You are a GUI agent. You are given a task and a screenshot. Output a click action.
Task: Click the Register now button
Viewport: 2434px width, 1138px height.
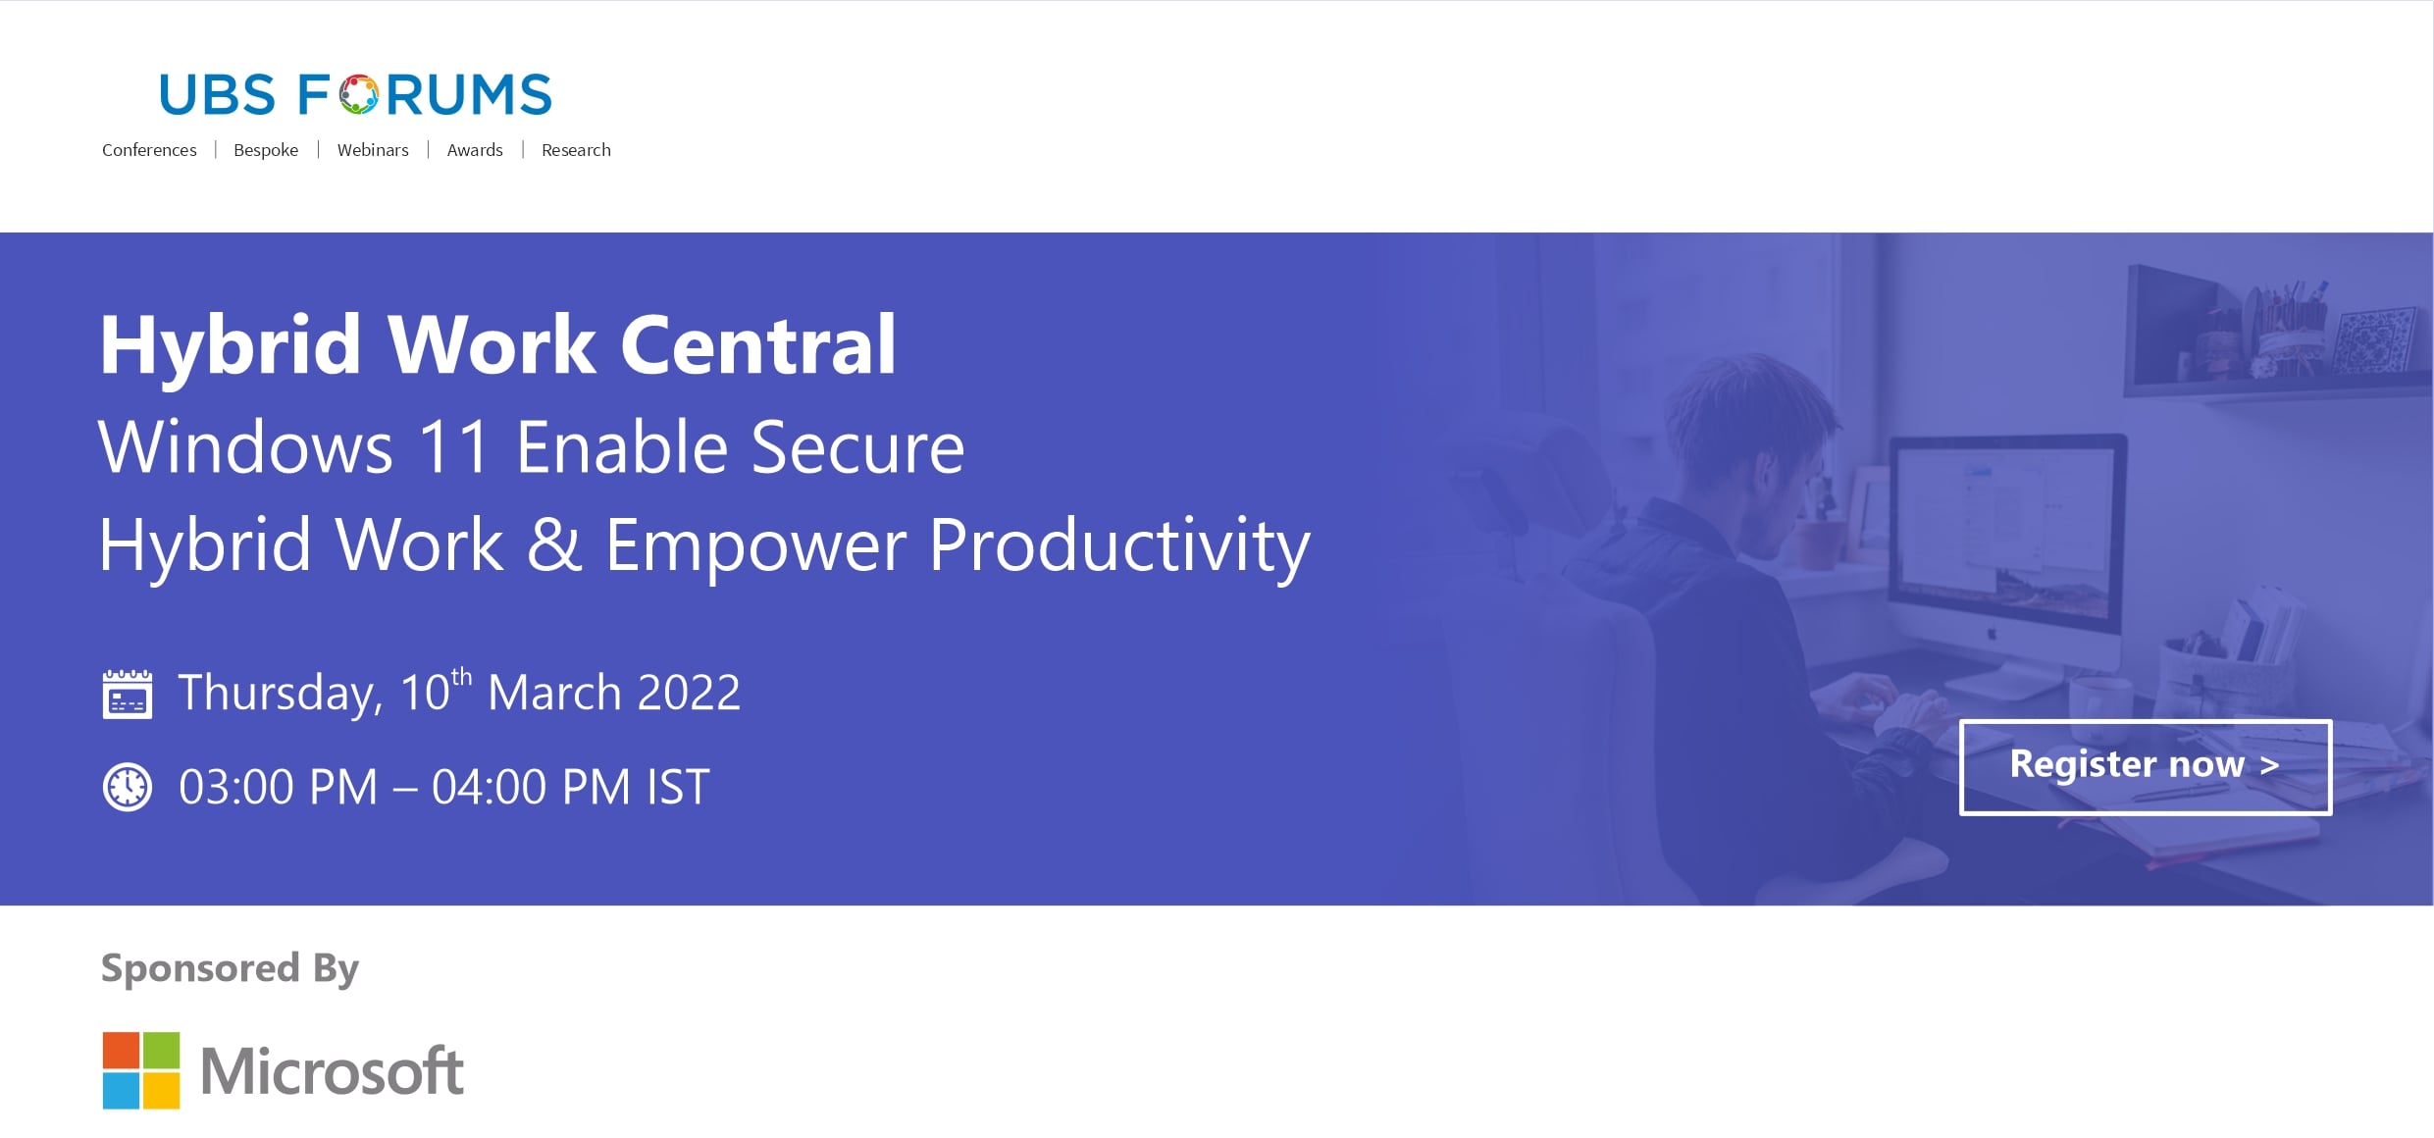(2146, 767)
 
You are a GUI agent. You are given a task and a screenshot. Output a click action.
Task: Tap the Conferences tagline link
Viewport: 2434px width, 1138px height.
(149, 150)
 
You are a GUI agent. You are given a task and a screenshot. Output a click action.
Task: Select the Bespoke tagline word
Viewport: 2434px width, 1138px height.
(266, 150)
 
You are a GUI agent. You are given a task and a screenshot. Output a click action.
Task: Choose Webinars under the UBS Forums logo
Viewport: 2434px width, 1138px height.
(373, 150)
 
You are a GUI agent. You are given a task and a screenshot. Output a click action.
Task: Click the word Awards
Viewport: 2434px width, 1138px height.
(475, 150)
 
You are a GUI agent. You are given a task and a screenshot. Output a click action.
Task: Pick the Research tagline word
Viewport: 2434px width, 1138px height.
(576, 150)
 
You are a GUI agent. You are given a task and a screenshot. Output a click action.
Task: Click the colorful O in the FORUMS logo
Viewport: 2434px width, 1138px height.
(359, 94)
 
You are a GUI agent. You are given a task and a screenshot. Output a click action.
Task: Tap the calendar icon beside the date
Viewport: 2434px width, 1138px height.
(128, 695)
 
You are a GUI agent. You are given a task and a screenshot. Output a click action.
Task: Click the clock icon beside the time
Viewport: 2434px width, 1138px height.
(128, 787)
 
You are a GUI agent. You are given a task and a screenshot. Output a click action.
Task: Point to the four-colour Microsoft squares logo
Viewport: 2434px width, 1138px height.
(141, 1070)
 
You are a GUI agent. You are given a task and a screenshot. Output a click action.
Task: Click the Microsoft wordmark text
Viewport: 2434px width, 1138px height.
(332, 1070)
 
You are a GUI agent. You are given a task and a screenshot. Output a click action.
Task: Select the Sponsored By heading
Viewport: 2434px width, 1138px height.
(231, 968)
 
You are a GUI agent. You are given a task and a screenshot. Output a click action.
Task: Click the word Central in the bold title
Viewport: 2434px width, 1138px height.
(758, 344)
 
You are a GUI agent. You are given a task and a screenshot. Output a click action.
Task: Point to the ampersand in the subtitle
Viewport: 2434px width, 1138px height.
(554, 544)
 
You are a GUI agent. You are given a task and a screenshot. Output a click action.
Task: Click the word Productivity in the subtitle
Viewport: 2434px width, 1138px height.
(1119, 547)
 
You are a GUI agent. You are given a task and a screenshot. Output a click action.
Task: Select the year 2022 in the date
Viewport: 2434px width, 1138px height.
(689, 693)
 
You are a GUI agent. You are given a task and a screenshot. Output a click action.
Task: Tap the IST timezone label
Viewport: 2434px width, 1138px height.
(678, 787)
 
